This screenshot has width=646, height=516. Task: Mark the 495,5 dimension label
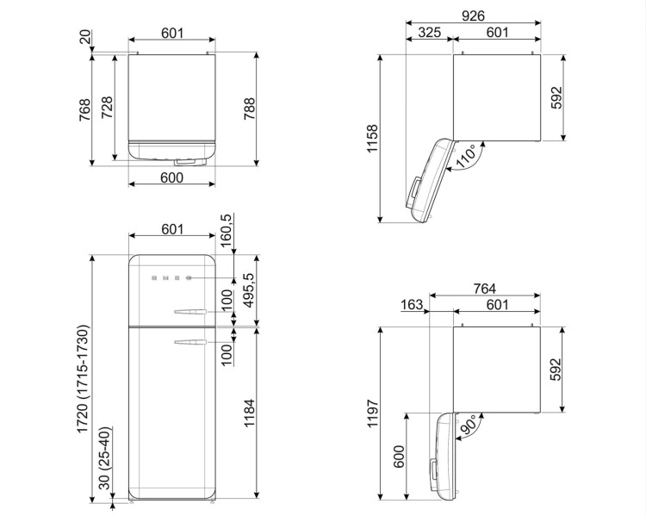249,290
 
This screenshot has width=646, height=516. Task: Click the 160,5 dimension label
226,231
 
